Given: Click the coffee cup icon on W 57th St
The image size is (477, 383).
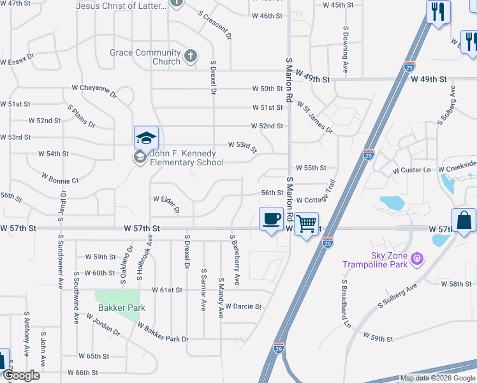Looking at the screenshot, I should click(272, 219).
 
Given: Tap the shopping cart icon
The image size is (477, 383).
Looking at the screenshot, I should click(307, 224).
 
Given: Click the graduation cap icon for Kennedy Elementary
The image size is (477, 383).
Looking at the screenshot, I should click(145, 137).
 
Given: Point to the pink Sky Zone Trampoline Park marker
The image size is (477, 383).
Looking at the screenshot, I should click(417, 258).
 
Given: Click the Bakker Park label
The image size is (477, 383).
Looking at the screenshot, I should click(122, 308).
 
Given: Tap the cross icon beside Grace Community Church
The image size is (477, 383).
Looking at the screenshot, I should click(189, 57).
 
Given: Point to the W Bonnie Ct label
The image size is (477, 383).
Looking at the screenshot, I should click(59, 177).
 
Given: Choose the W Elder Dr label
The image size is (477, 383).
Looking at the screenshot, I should click(166, 204).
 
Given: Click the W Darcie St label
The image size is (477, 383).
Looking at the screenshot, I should click(243, 306).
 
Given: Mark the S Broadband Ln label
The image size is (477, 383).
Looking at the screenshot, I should click(346, 304).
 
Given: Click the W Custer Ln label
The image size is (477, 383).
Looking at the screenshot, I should click(412, 170).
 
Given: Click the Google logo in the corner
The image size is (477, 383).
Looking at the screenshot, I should click(22, 376).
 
